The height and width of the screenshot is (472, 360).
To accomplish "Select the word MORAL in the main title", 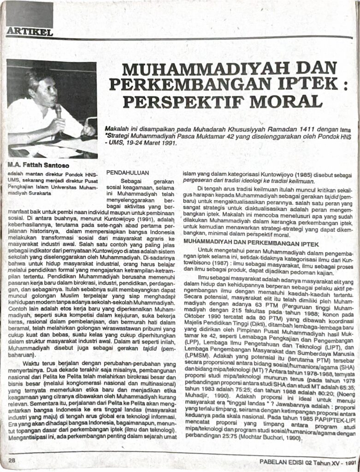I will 289,101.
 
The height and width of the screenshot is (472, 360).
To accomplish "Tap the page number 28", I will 12,460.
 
